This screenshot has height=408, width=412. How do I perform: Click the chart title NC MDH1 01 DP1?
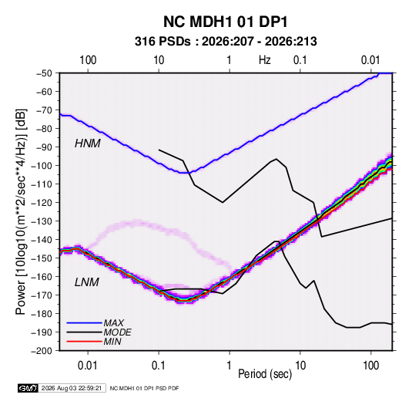(x=226, y=22)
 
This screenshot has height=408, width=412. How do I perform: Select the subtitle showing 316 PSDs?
(x=226, y=42)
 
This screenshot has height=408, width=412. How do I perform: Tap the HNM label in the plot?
(x=88, y=143)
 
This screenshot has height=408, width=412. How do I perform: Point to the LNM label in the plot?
(x=87, y=282)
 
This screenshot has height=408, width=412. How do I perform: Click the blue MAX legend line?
(x=84, y=322)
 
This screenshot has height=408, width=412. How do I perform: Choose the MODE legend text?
(x=118, y=332)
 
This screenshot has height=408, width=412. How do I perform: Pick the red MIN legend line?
(x=84, y=342)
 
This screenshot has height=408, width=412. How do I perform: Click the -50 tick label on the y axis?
(x=44, y=73)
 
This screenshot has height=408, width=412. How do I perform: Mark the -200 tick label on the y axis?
(x=42, y=351)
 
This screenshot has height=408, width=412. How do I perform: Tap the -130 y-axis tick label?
(x=42, y=221)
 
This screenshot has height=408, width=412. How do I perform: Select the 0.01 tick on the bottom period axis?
(x=88, y=366)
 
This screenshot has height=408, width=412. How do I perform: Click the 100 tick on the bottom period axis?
(x=370, y=366)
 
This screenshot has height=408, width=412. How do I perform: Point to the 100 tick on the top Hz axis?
(x=88, y=60)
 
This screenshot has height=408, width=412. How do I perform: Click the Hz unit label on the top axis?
(x=265, y=60)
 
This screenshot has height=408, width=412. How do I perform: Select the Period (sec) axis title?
(x=265, y=374)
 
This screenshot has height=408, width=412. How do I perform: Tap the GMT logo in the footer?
(x=28, y=388)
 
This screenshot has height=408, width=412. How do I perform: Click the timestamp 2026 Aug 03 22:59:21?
(x=72, y=388)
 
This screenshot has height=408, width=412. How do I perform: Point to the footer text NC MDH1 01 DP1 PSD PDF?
(x=144, y=388)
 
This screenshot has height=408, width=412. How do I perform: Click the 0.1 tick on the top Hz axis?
(x=300, y=60)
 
